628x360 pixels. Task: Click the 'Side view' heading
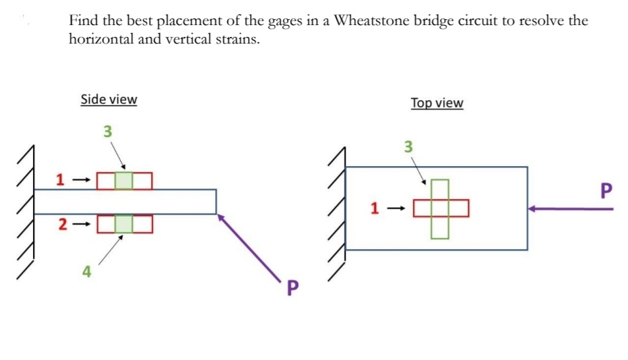coord(109,100)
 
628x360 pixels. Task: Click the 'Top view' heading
coord(437,103)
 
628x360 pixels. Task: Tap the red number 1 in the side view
coord(60,179)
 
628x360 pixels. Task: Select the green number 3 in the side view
coord(108,131)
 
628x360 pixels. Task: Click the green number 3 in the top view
coord(408,146)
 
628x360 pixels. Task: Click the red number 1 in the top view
coord(374,209)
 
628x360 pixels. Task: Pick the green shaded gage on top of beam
coord(124,180)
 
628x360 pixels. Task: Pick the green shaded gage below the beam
coord(124,224)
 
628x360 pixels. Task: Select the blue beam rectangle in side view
coord(125,202)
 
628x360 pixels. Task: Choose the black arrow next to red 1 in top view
coord(396,209)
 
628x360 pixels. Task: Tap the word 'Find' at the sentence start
coord(84,20)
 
